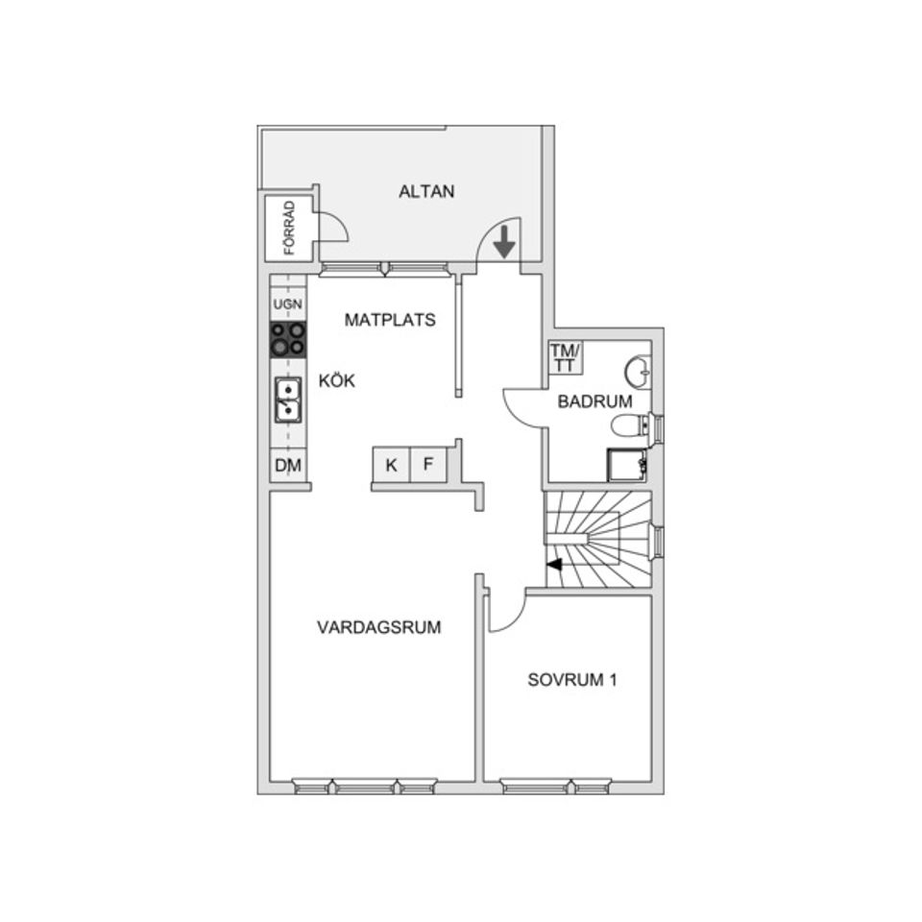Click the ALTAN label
coord(426,191)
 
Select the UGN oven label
coord(287,305)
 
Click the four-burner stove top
coord(287,338)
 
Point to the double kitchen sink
coord(287,400)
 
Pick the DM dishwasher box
coord(287,467)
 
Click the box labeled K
coord(392,466)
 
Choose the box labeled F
coord(428,466)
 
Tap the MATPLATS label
coord(390,320)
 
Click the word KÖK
coord(337,381)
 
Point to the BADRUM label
coord(594,402)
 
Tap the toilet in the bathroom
coord(629,426)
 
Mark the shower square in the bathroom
coord(625,466)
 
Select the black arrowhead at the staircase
coord(554,566)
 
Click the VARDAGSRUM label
coord(378,628)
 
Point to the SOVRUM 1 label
coord(571,681)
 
